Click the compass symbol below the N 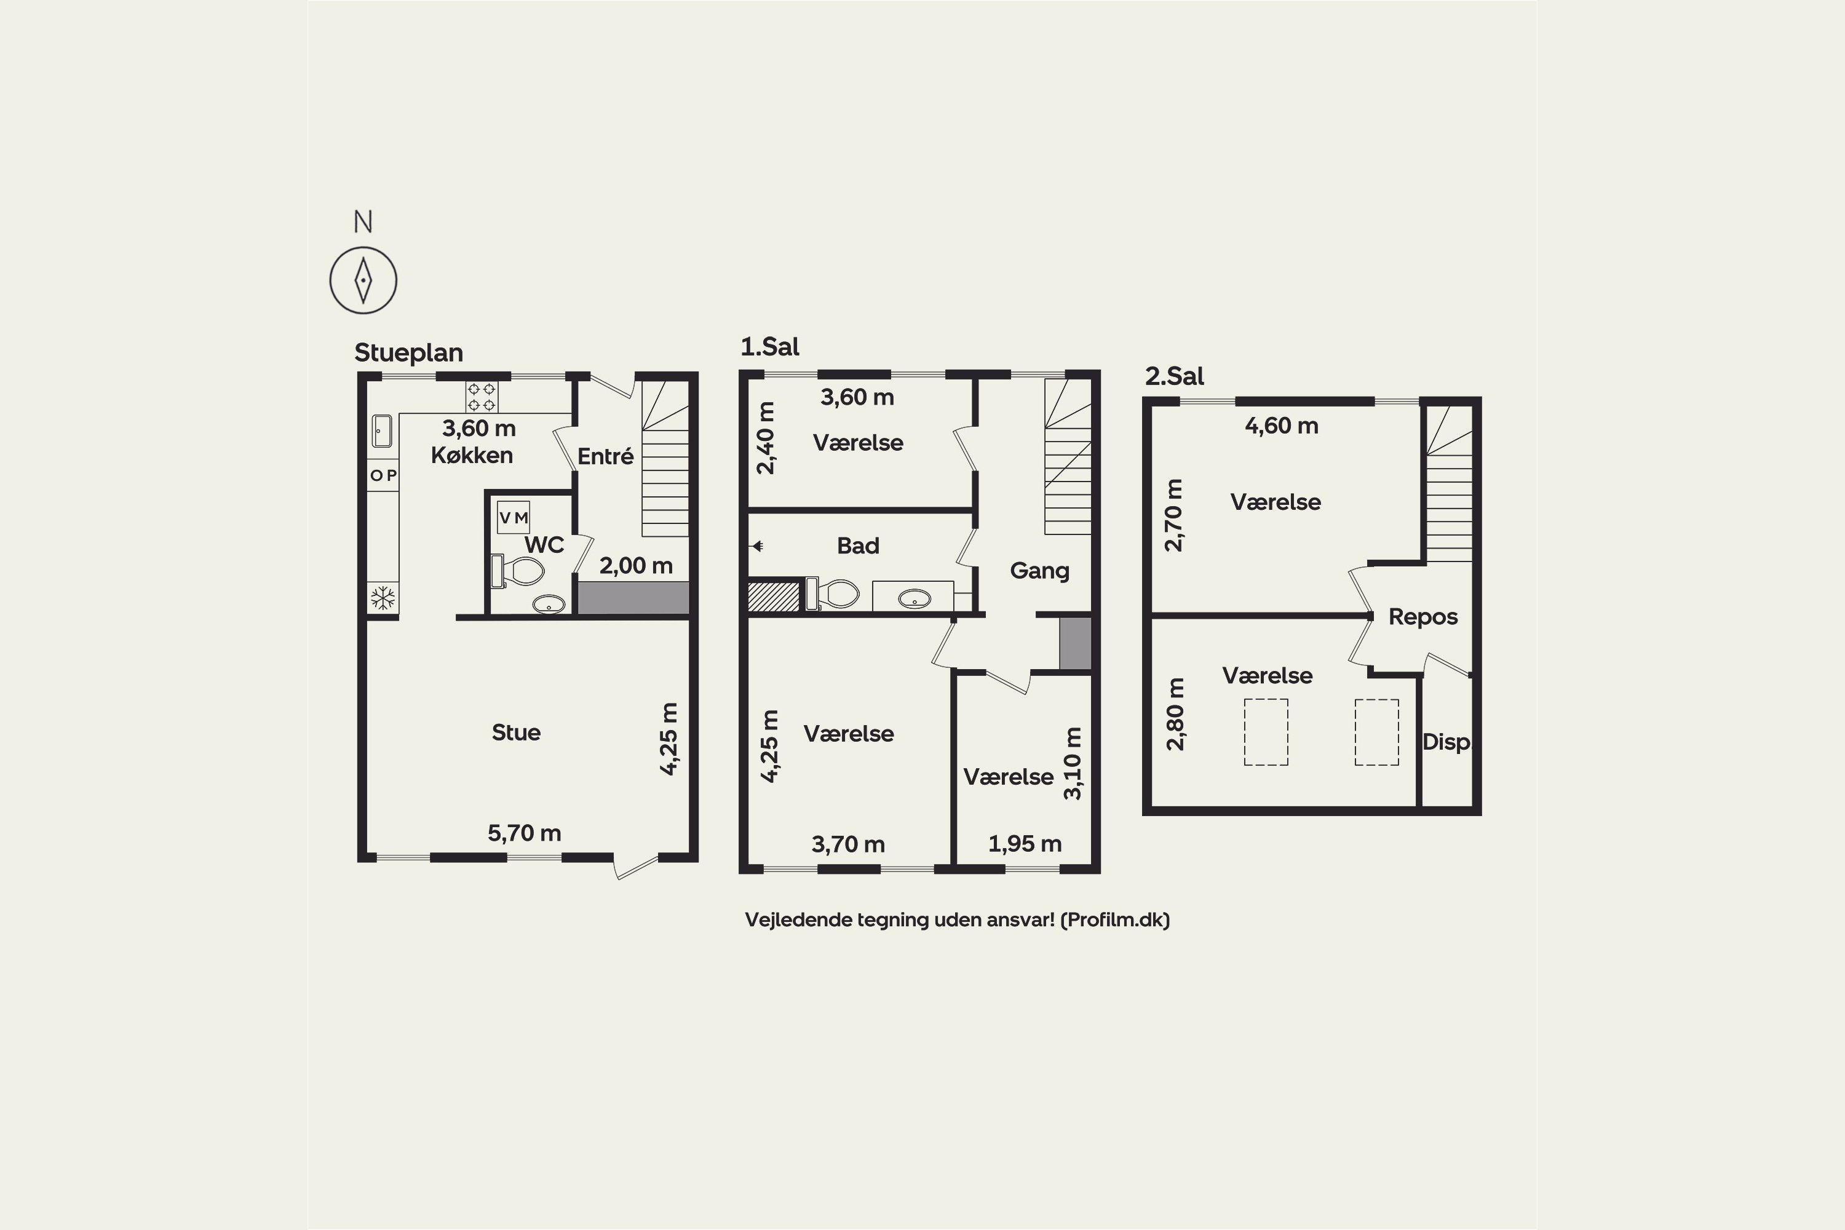(363, 280)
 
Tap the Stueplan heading (409, 353)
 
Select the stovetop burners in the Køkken (481, 397)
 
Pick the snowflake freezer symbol (383, 599)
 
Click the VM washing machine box (514, 518)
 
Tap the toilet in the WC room (518, 571)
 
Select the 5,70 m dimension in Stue (524, 833)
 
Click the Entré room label (606, 456)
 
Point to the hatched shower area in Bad (774, 596)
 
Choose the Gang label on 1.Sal (1039, 571)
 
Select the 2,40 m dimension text (766, 438)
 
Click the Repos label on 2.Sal (1423, 617)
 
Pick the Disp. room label (1446, 742)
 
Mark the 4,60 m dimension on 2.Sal (1282, 426)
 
